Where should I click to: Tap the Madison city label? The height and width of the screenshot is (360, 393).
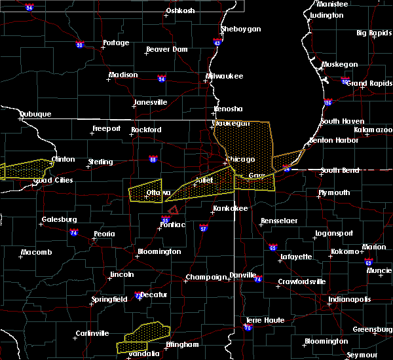point(123,75)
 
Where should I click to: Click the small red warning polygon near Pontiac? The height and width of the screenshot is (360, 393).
point(174,210)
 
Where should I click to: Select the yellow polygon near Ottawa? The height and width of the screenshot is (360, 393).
point(145,190)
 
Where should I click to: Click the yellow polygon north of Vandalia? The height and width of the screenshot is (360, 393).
point(141,335)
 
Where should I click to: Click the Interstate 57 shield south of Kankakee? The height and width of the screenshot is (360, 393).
point(204,229)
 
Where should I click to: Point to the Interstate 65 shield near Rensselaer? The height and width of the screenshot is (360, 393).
point(272,248)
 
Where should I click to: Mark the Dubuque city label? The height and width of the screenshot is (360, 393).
point(35,114)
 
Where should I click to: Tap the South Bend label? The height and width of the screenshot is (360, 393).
point(339,171)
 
